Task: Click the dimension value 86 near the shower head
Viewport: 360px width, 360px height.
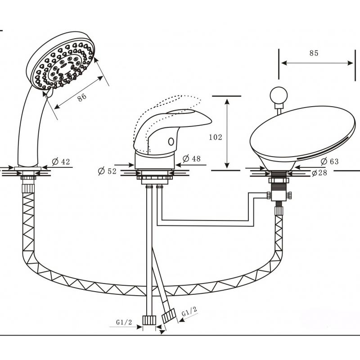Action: tap(82, 97)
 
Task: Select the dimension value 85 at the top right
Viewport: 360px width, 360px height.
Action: tap(314, 53)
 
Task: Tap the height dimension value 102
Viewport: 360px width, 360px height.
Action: tap(216, 137)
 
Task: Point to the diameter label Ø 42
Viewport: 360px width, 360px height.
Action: tap(61, 162)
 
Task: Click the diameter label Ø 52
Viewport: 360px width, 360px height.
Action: tap(107, 171)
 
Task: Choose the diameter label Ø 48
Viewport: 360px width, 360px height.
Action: tap(192, 158)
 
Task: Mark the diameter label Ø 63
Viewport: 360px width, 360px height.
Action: tap(330, 162)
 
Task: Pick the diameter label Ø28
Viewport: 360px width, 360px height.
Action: tap(319, 173)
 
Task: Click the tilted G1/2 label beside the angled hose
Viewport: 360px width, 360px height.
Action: tap(189, 311)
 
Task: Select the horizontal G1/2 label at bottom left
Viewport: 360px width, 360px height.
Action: tap(124, 322)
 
